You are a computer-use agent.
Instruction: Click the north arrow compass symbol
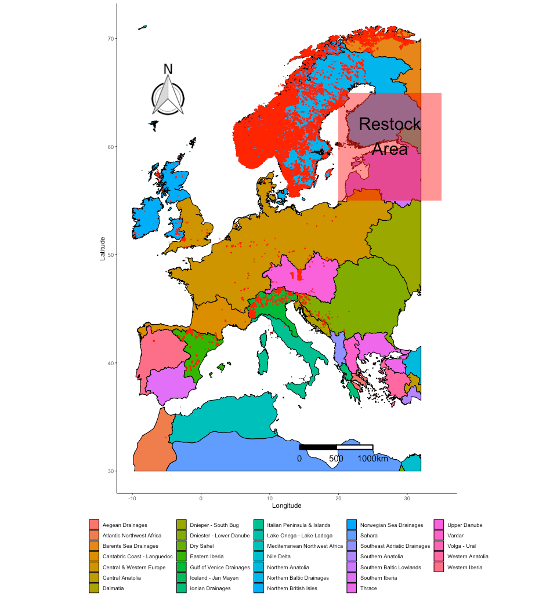tap(168, 96)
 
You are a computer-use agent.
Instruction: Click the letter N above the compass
tap(168, 69)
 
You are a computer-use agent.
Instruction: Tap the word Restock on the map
tap(389, 124)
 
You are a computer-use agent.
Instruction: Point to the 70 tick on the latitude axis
tap(110, 39)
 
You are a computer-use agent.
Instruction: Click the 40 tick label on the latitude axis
tap(110, 363)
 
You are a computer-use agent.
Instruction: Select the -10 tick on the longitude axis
tap(132, 498)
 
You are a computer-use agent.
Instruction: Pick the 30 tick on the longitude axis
tap(407, 498)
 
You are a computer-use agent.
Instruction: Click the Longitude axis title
tap(287, 506)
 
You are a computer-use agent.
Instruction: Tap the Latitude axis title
tap(103, 248)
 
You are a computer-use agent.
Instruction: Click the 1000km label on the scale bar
tap(372, 459)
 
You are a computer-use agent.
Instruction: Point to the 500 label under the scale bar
tap(336, 459)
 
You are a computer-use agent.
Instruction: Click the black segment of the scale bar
tap(318, 447)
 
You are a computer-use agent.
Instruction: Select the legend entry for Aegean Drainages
tap(125, 525)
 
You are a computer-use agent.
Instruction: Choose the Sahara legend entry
tap(368, 536)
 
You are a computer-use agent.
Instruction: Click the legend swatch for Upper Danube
tap(439, 525)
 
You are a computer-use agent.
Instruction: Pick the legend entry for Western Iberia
tap(465, 568)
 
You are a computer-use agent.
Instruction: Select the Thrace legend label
tap(368, 588)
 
